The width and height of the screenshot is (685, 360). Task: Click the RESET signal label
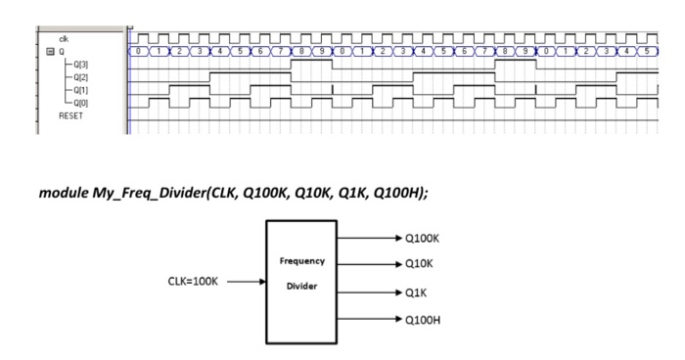pos(70,114)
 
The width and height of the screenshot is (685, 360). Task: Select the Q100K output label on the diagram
pos(423,238)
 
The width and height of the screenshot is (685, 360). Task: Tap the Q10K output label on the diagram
pos(420,263)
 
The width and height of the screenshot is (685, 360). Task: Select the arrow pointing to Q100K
pos(370,238)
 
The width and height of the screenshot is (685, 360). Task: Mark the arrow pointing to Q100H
pos(370,319)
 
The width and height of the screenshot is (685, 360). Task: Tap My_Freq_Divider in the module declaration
pos(145,193)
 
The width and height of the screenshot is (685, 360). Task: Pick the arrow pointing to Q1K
pos(370,292)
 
